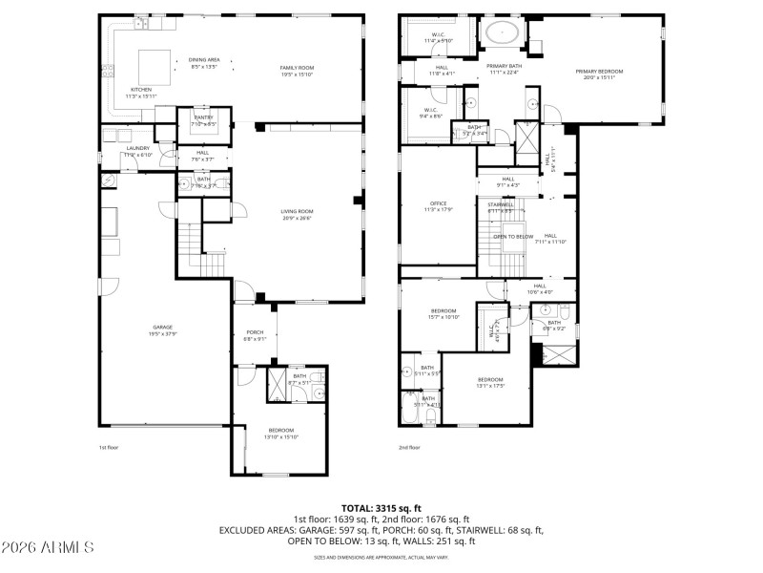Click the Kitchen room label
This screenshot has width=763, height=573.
[140, 90]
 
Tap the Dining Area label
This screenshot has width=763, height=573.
[204, 59]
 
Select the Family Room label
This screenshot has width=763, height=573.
[297, 68]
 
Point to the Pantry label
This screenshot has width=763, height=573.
[203, 117]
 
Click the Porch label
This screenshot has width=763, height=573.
[255, 331]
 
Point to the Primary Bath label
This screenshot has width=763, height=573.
[502, 65]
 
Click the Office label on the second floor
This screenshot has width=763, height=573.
[438, 203]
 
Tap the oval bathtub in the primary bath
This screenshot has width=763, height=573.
[502, 33]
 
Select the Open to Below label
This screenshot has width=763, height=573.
[512, 236]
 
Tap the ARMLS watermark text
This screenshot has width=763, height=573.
[48, 547]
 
